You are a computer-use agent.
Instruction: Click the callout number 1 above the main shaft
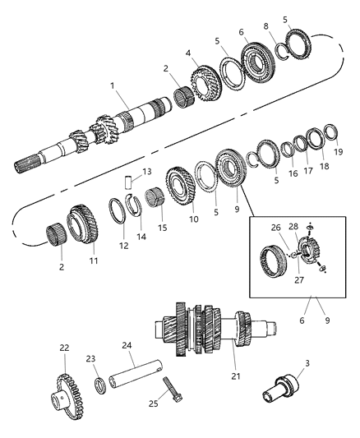[x=113, y=85]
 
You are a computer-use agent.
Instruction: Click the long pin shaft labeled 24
[x=136, y=373]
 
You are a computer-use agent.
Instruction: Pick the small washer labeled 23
[x=99, y=385]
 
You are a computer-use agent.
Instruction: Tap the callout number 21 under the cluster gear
[x=236, y=376]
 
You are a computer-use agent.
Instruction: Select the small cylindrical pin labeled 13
[x=128, y=182]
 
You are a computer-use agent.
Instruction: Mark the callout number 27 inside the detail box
[x=299, y=279]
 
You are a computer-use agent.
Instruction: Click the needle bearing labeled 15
[x=155, y=198]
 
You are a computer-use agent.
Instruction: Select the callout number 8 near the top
[x=265, y=26]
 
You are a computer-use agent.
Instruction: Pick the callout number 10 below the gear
[x=193, y=219]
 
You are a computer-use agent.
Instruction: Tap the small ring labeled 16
[x=287, y=150]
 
